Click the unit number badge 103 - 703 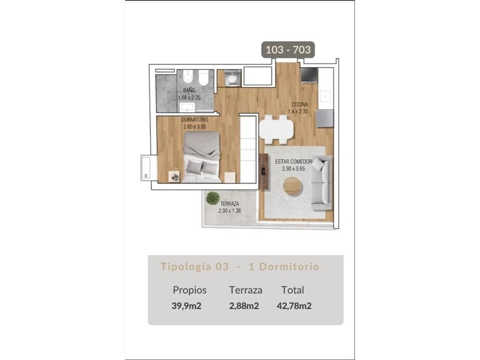[x=288, y=50]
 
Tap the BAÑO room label [x=189, y=90]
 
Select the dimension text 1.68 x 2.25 [x=189, y=97]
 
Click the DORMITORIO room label [x=195, y=120]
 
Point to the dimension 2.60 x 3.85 [x=195, y=127]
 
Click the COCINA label [x=300, y=105]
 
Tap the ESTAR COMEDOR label [x=293, y=161]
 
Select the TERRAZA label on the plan [x=230, y=203]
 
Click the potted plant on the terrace [x=213, y=198]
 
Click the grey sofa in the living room [x=322, y=183]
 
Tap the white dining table [x=277, y=129]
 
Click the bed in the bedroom [x=202, y=157]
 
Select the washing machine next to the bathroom [x=232, y=78]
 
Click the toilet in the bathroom [x=203, y=78]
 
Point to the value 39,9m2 [x=187, y=306]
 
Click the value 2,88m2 [x=244, y=306]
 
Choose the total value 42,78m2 [x=294, y=306]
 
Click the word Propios [x=189, y=290]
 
